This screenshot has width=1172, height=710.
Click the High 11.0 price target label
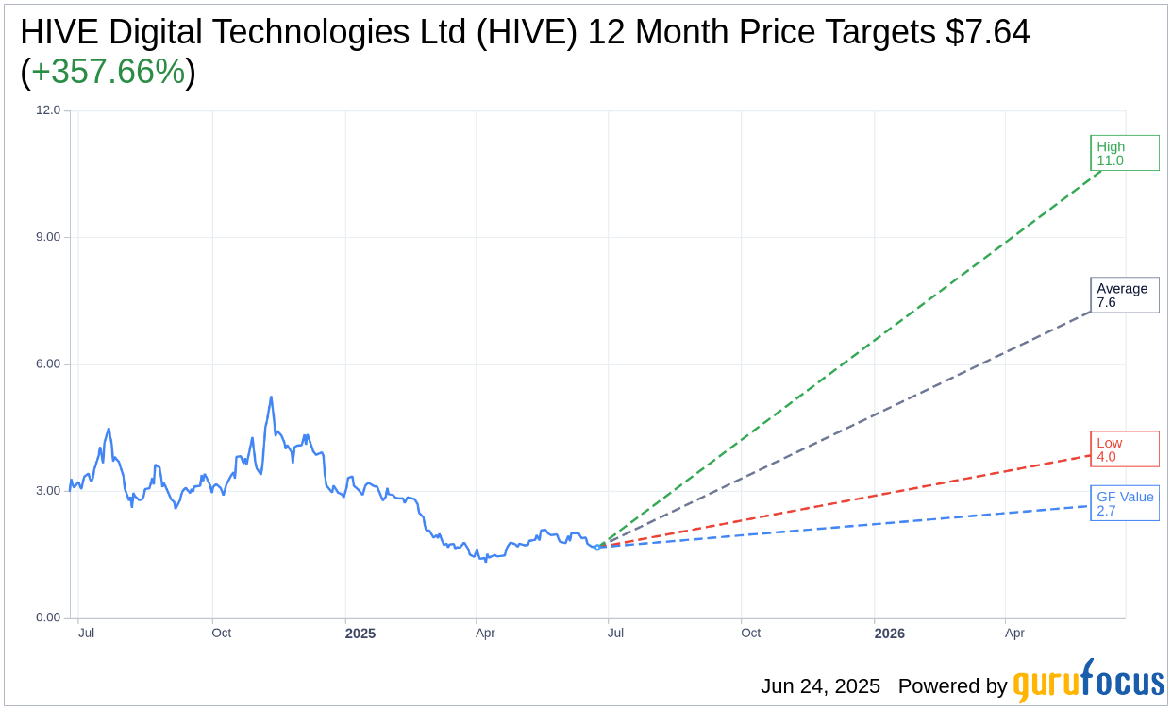point(1124,153)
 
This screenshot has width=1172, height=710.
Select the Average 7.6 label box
point(1124,296)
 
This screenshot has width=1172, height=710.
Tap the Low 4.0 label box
point(1124,449)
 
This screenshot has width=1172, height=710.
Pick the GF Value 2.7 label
point(1124,503)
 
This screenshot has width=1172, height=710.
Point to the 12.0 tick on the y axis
point(48,110)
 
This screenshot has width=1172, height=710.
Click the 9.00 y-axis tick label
point(47,237)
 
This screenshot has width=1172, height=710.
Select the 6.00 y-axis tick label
point(47,364)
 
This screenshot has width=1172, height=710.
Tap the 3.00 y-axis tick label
point(47,491)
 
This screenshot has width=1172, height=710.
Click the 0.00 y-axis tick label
point(47,618)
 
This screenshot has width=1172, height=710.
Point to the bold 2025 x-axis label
point(360,634)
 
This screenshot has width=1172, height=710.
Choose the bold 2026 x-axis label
point(889,634)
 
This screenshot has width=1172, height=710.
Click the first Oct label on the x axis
point(222,634)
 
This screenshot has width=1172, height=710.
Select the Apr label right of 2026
point(1014,634)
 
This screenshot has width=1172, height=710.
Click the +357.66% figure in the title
point(109,72)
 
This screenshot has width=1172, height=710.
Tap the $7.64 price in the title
point(988,32)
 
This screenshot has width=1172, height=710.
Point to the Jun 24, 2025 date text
point(820,686)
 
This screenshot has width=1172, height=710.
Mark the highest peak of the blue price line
point(271,397)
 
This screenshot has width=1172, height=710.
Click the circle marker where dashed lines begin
point(597,547)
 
